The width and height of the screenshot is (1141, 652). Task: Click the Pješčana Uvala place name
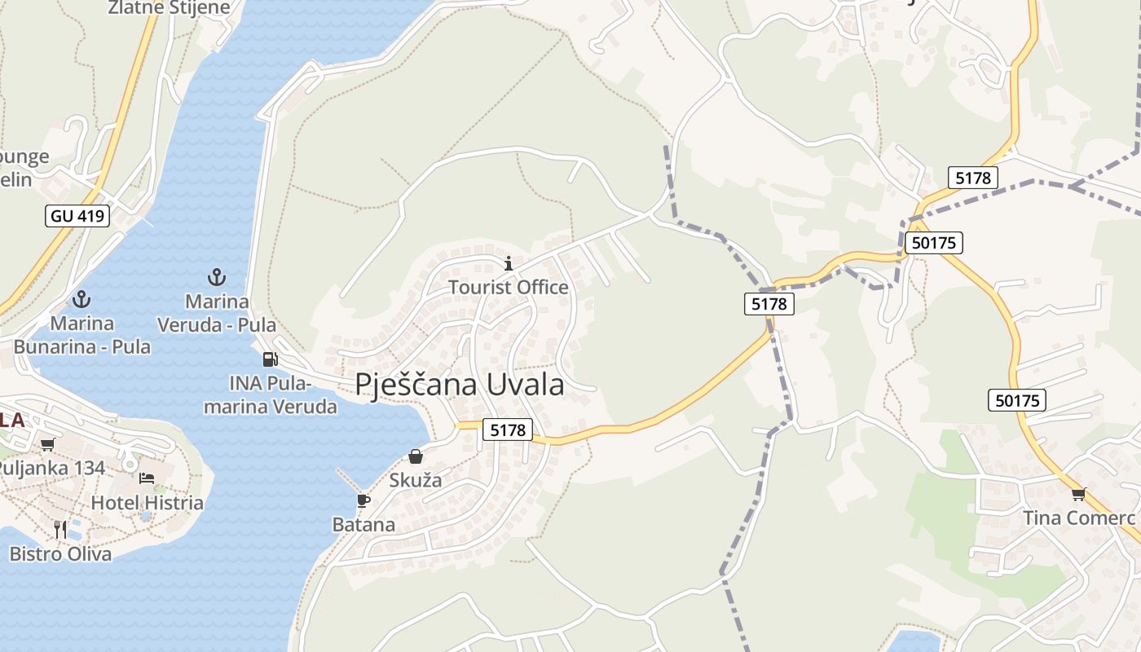(x=460, y=385)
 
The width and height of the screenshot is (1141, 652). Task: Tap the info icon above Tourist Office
(x=509, y=263)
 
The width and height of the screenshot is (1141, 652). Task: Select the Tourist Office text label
(x=509, y=287)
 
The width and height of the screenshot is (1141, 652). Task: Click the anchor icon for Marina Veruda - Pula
(x=216, y=278)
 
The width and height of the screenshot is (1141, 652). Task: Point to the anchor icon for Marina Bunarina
(x=81, y=299)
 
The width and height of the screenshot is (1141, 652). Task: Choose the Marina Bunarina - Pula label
(x=81, y=335)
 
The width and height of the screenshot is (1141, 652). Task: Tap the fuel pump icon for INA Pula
(x=270, y=359)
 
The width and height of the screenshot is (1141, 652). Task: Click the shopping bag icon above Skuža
(x=416, y=456)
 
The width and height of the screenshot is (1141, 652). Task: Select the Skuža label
(x=416, y=480)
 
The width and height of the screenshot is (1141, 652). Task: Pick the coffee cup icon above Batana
(x=363, y=500)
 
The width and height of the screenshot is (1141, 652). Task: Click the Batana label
(x=363, y=524)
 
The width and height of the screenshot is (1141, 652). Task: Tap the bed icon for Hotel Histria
(x=147, y=478)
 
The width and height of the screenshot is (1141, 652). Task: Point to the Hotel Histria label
(x=147, y=502)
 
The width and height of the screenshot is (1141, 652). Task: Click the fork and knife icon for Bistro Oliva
(x=60, y=529)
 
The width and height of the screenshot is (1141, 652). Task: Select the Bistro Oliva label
(x=60, y=553)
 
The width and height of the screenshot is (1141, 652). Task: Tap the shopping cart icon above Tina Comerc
(x=1079, y=493)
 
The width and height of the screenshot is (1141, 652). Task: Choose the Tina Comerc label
(x=1079, y=518)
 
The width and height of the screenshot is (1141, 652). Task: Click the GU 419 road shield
(x=77, y=216)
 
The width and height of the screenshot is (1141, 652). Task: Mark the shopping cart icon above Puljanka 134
(x=47, y=444)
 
